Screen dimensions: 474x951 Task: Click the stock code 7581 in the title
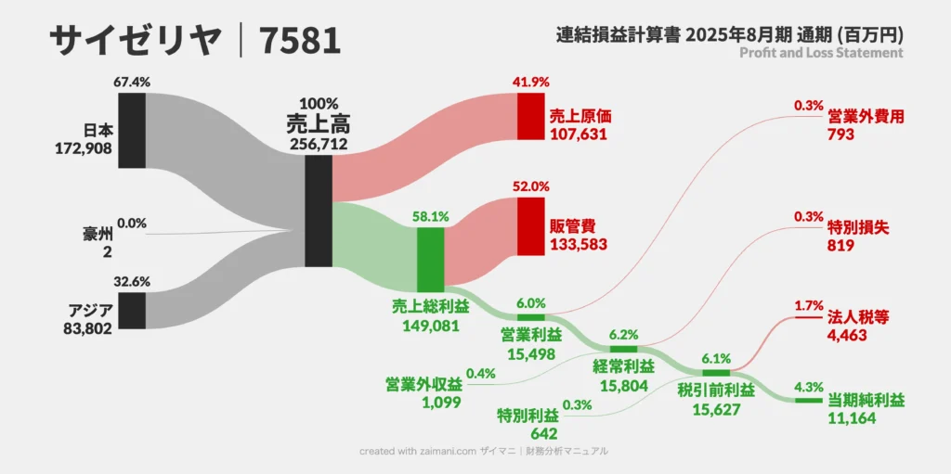[x=300, y=40]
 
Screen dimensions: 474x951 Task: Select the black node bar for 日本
[x=132, y=130]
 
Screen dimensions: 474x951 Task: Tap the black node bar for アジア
[x=132, y=310]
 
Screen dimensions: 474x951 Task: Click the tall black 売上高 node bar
[x=318, y=211]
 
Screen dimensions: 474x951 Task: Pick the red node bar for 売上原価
[x=530, y=116]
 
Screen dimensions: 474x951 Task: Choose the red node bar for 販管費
[x=530, y=225]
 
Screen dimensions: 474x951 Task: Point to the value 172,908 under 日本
[x=85, y=147]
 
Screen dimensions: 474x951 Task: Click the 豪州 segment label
[x=98, y=234]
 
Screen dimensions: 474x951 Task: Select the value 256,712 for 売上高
[x=319, y=144]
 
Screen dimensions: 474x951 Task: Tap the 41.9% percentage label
[x=530, y=82]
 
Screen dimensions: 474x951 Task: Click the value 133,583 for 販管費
[x=581, y=243]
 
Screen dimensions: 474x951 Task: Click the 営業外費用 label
[x=865, y=117]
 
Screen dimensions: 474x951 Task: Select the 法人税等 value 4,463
[x=847, y=335]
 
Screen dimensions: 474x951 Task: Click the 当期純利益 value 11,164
[x=852, y=418]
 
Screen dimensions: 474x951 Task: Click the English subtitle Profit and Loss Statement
[x=821, y=53]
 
